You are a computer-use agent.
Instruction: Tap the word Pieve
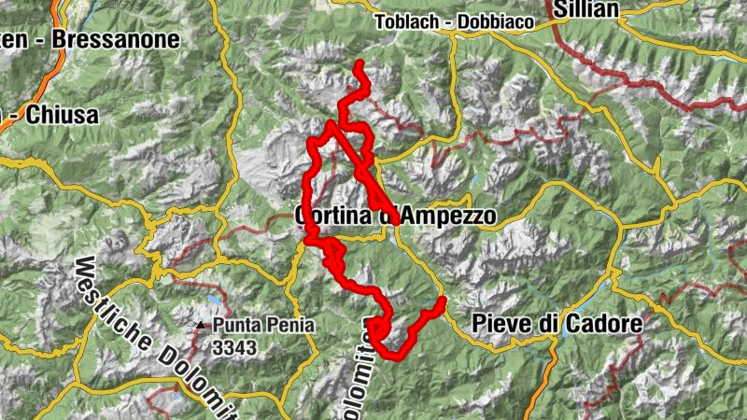(502, 325)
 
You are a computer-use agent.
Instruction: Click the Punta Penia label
(263, 326)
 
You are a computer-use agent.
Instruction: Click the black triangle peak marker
(201, 326)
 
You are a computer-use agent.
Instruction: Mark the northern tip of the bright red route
(360, 63)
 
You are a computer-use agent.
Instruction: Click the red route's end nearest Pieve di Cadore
(442, 301)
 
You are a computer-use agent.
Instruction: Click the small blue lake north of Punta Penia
(217, 301)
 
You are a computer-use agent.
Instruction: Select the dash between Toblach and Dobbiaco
(453, 22)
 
